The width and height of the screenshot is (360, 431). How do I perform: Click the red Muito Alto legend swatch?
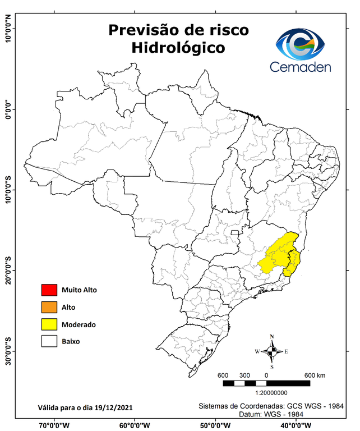[x=49, y=290]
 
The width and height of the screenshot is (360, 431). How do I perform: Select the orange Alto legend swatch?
[x=49, y=307]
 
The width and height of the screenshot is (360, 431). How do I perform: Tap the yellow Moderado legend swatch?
[x=49, y=324]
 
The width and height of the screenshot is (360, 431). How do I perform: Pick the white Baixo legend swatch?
[x=49, y=341]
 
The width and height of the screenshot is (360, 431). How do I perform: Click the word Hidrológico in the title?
[x=178, y=48]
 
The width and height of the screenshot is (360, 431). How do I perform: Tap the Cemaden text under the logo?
[x=300, y=67]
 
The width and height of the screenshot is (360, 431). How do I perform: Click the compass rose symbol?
[x=272, y=352]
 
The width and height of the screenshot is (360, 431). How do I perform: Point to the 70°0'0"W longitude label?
[x=54, y=425]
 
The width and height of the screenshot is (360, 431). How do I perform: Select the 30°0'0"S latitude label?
[x=8, y=351]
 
